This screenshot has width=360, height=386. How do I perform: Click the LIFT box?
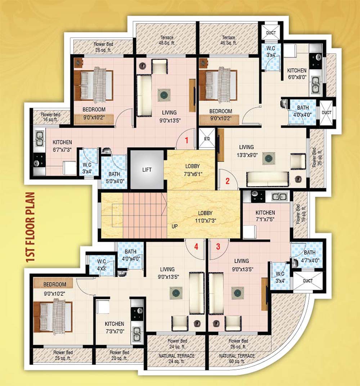coord(147,169)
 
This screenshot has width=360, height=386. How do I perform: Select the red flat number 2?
coord(227,181)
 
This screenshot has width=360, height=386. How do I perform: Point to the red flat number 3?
coord(217,246)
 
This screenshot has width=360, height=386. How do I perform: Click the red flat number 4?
coord(196,247)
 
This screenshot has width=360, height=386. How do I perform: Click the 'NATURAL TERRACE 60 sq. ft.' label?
coord(237,358)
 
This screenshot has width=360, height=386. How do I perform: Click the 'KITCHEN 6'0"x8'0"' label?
coord(297,74)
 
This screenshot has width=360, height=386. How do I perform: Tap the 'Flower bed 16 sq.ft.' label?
coord(50,117)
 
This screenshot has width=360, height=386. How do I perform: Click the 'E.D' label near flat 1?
coord(207,138)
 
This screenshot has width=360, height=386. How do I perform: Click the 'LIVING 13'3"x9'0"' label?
coord(246,150)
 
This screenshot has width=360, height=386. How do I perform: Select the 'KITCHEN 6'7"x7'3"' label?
coord(62,146)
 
